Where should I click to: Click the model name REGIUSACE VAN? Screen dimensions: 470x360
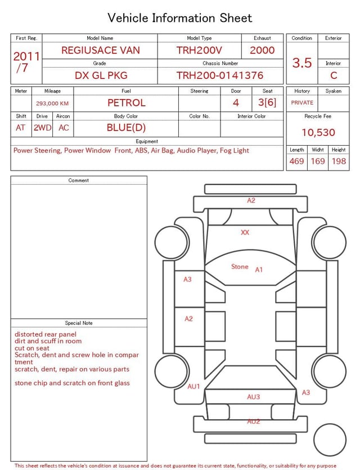pos(101,50)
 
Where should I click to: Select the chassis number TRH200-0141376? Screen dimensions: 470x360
pos(219,75)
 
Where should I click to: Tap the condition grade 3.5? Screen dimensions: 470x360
pos(302,62)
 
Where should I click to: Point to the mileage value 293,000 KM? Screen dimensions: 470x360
pos(52,104)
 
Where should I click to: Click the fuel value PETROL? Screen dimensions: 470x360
pos(126,102)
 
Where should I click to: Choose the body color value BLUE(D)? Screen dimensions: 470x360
pos(126,128)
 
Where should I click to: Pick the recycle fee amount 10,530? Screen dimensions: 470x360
pos(318,132)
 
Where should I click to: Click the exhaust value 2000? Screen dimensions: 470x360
pos(262,50)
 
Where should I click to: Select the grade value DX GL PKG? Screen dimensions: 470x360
pos(101,75)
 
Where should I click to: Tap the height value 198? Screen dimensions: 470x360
pos(339,162)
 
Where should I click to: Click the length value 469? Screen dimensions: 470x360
pos(296,162)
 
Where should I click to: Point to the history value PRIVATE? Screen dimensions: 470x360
pos(302,103)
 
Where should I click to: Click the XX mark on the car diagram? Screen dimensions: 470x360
pos(245,232)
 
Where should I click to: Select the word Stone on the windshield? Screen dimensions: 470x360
pos(240,267)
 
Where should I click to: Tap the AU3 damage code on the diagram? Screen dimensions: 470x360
pos(254,397)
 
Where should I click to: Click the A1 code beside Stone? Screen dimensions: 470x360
pos(259,270)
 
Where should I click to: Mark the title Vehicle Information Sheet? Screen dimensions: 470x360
pos(180,18)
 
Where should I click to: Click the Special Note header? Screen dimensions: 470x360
pos(79,323)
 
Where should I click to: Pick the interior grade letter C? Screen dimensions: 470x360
pos(334,75)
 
